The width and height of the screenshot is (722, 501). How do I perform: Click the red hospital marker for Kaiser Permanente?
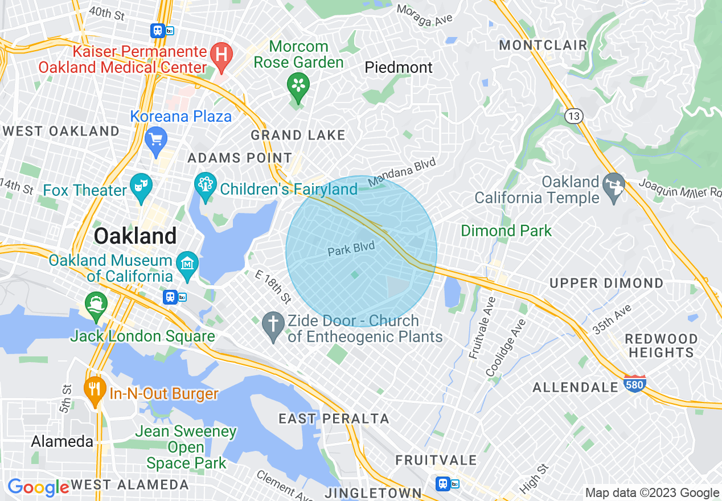[221, 55]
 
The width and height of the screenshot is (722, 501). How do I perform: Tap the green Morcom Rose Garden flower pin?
[297, 85]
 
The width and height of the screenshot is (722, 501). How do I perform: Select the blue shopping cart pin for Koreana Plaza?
[155, 138]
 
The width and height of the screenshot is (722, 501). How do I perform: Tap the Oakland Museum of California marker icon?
[187, 264]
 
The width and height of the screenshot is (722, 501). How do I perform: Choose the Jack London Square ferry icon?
[95, 303]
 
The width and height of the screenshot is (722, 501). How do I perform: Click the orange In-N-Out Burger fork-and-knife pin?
[95, 389]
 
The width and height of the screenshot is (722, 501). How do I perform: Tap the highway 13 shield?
[573, 116]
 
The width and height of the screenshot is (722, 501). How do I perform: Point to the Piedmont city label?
[399, 68]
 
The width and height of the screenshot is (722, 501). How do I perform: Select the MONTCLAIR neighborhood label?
[543, 46]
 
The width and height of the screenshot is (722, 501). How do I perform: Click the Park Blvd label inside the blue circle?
[351, 249]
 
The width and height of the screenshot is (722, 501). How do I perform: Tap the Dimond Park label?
[506, 231]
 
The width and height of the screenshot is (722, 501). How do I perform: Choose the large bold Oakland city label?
[135, 236]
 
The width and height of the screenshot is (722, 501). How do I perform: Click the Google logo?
[38, 487]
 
